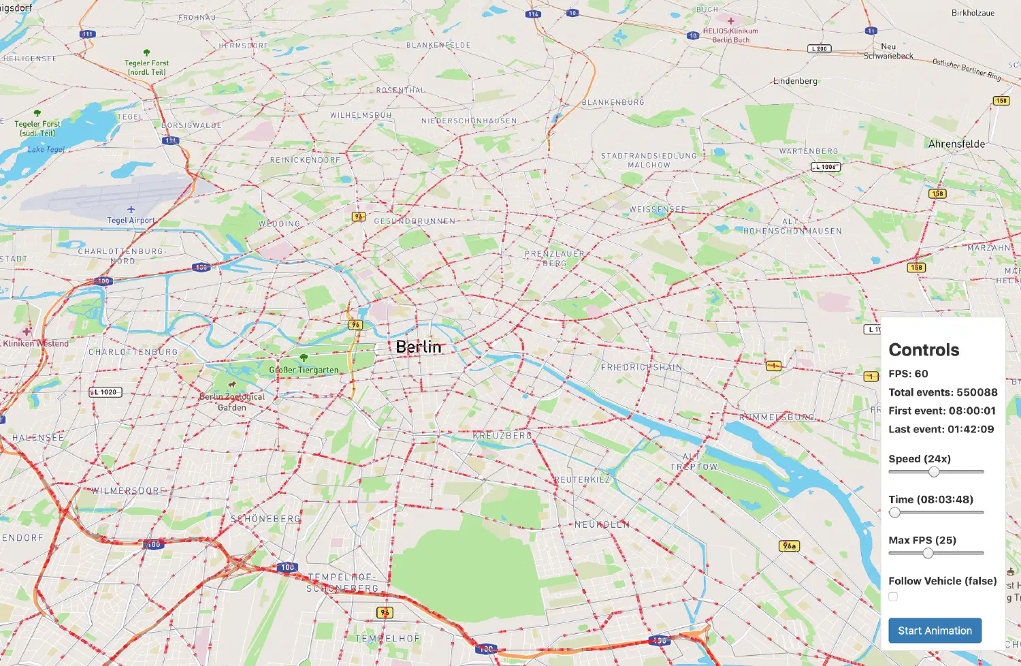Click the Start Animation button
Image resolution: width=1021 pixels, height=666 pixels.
[x=935, y=631]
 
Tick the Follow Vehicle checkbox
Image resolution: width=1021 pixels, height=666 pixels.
[x=893, y=597]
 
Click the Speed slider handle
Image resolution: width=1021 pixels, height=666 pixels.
[x=934, y=472]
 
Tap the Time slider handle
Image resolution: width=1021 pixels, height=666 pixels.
[x=895, y=513]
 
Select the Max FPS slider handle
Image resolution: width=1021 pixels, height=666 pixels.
[x=928, y=554]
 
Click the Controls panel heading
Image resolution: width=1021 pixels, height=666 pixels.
[x=924, y=350]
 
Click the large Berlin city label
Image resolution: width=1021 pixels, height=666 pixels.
[x=419, y=347]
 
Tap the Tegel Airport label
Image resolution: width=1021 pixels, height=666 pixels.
[x=131, y=220]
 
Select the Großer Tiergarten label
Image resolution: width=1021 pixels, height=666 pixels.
[x=304, y=370]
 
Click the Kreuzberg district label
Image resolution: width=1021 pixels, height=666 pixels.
[x=502, y=434]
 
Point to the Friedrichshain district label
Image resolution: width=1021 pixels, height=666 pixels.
[x=641, y=367]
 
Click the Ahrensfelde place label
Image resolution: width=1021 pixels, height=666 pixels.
[x=956, y=144]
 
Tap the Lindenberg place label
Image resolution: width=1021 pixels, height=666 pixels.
[x=795, y=81]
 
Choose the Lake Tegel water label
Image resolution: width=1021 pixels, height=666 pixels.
[x=46, y=149]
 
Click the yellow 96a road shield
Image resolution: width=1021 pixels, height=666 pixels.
[x=788, y=545]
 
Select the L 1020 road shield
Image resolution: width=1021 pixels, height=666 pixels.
[x=106, y=392]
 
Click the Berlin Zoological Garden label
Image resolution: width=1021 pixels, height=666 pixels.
[x=232, y=402]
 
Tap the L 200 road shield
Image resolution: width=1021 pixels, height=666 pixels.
[x=820, y=49]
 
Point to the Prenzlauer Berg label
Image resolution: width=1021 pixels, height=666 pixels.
[x=555, y=258]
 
